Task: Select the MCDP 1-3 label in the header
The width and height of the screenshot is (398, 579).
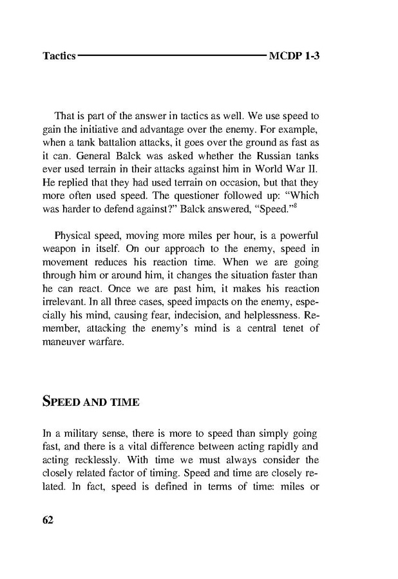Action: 294,57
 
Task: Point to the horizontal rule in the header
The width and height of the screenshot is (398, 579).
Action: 172,57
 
